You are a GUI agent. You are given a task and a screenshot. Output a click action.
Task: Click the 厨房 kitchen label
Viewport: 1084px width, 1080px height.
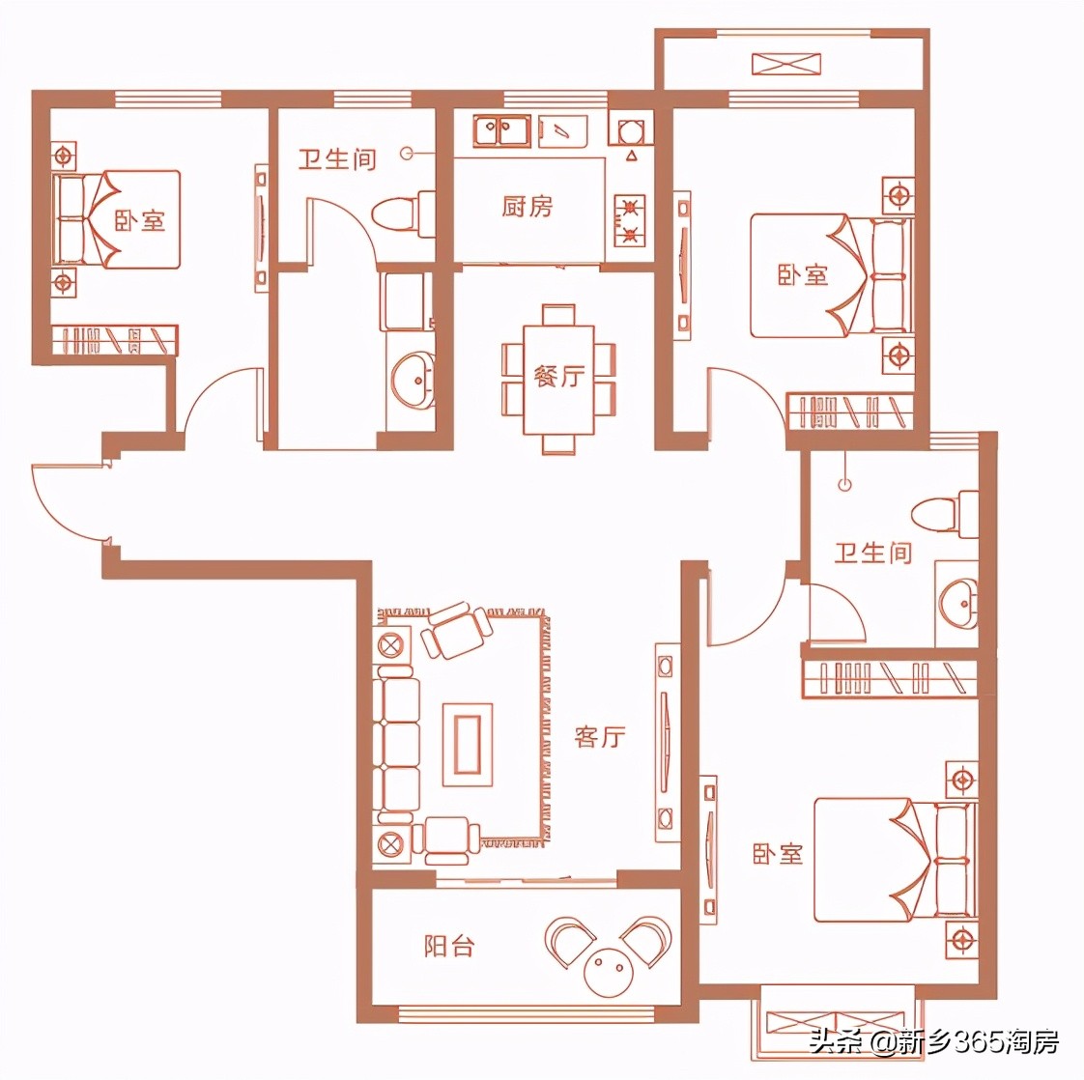pos(527,206)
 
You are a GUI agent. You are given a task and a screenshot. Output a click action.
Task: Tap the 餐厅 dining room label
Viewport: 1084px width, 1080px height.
pos(558,375)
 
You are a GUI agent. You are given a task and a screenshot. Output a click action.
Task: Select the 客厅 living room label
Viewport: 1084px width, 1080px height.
pos(600,737)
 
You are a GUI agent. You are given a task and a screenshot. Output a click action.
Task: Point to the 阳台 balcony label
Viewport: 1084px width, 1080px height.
pos(449,945)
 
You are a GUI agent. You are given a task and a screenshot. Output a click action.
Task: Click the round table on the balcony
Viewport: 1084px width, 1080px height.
pos(609,968)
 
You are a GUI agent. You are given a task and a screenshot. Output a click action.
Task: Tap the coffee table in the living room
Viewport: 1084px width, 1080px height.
pos(468,738)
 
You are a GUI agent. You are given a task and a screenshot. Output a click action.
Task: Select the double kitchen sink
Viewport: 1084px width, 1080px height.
pos(499,129)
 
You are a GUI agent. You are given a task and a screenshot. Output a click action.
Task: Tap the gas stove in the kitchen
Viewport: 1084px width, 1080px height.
pos(630,220)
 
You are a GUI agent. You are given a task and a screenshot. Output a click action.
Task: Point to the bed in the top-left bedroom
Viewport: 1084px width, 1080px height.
pos(117,219)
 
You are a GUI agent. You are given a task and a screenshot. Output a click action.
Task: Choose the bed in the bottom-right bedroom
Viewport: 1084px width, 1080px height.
pos(894,860)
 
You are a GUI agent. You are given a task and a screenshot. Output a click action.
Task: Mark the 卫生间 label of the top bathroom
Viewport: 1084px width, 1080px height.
pos(336,158)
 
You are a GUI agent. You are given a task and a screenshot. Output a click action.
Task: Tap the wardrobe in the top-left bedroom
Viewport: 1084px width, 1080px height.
pos(114,339)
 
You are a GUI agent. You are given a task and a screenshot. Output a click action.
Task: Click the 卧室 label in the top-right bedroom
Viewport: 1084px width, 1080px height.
pos(803,274)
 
